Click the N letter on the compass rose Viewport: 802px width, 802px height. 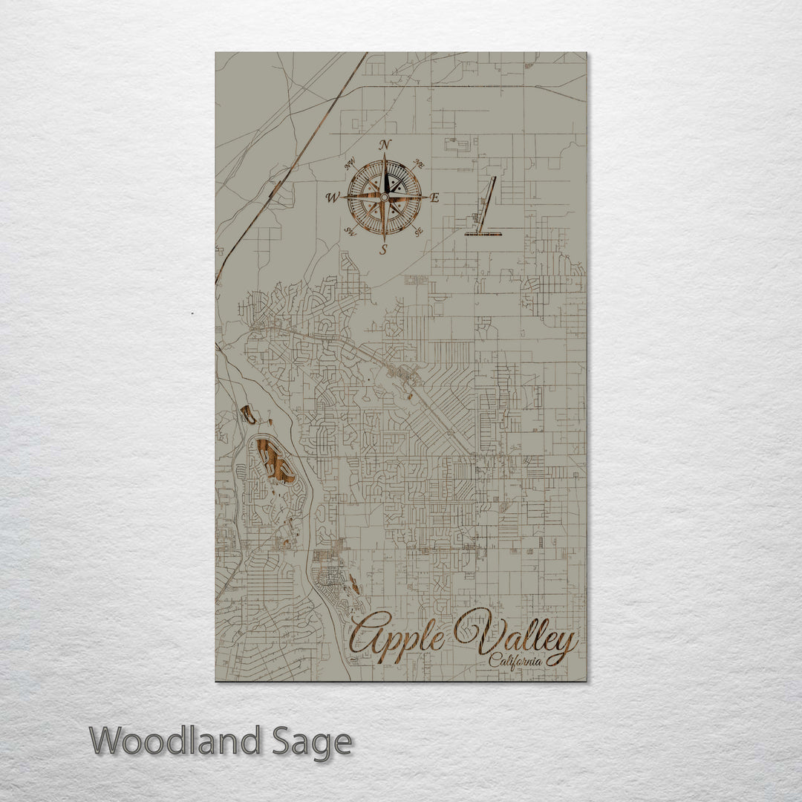[384, 144]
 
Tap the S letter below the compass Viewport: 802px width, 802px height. [384, 250]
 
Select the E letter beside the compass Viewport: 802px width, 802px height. [435, 198]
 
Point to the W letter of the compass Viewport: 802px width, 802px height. [332, 198]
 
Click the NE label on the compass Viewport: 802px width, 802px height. [418, 163]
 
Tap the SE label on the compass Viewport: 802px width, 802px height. [419, 232]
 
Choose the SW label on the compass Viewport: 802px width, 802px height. [350, 232]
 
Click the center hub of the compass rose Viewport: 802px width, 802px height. [384, 197]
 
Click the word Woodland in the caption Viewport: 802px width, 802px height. [175, 742]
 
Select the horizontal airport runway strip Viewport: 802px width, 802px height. [483, 234]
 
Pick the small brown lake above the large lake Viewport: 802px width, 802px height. [248, 414]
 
